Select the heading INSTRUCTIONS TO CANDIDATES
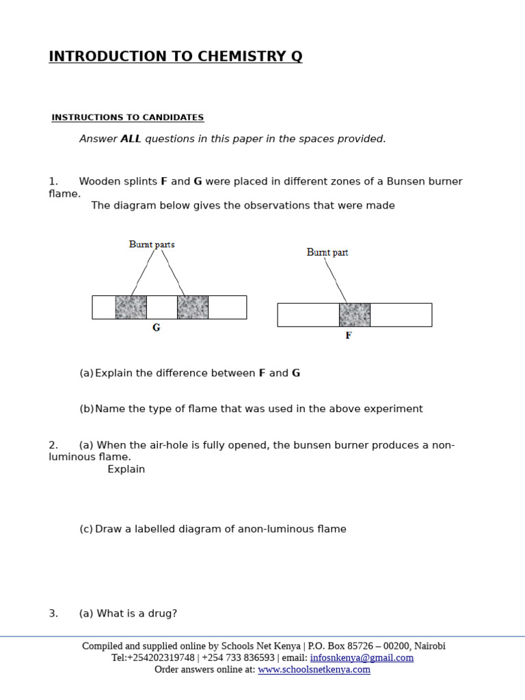coord(128,118)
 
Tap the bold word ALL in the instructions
coord(131,139)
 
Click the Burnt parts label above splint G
coord(152,244)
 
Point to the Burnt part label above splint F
coord(327,252)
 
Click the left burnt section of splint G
coord(131,308)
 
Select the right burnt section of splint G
coord(193,308)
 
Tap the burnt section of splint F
coord(355,315)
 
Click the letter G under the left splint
coord(157,327)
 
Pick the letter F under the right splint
coord(349,336)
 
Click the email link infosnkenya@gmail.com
coord(362,658)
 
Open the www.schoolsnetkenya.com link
coord(314,669)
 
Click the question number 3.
coord(53,613)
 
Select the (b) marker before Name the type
coord(86,409)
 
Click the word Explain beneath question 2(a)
coord(126,469)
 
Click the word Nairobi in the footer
coord(429,646)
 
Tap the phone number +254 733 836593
coord(238,658)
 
